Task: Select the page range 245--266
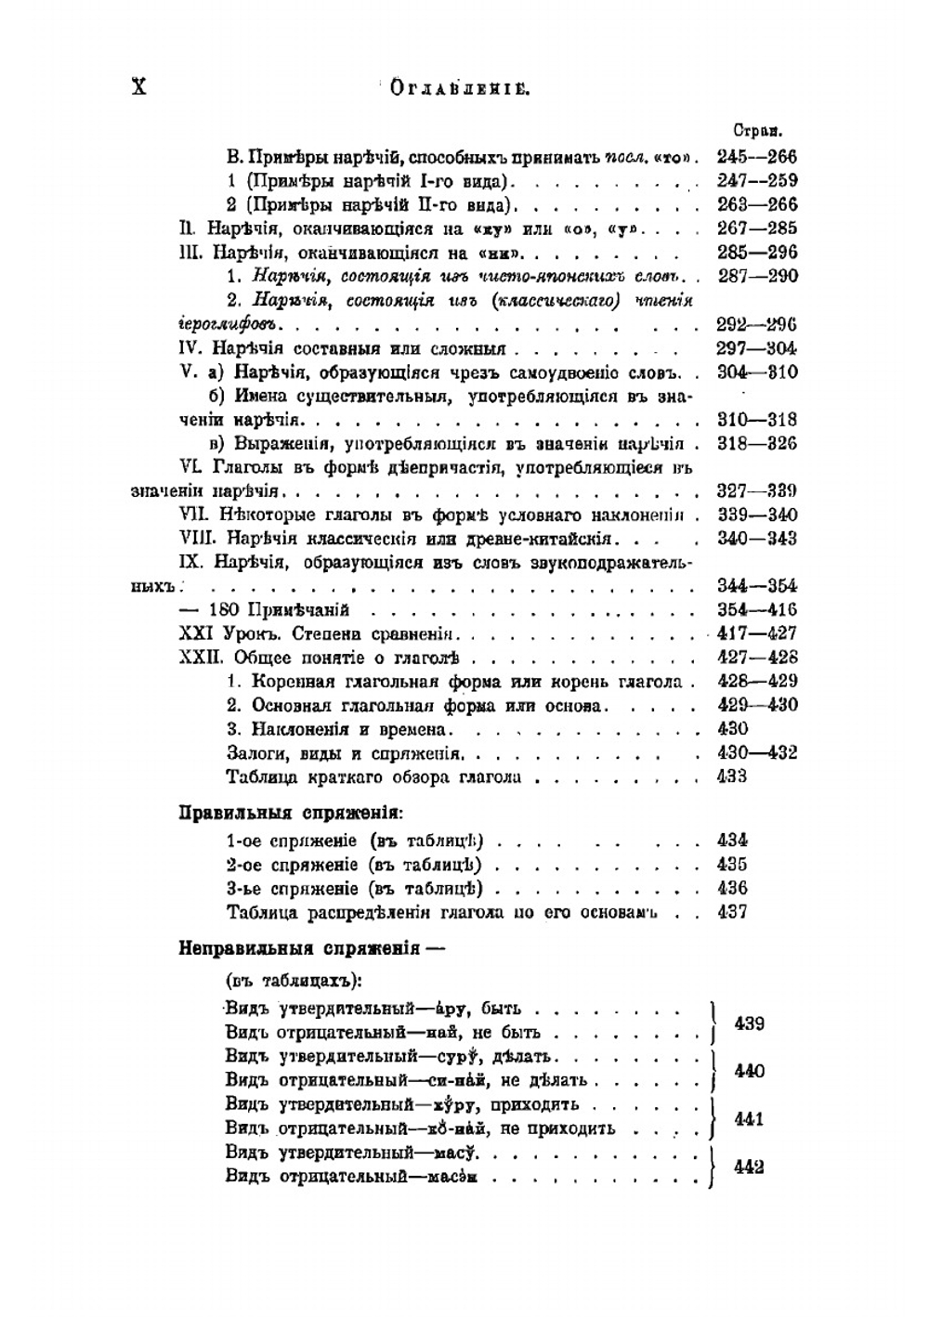pos(757,157)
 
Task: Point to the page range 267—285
pos(757,228)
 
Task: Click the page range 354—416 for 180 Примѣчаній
pos(757,610)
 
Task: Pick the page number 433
pos(732,776)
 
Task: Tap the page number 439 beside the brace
pos(749,1024)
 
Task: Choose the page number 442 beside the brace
pos(749,1167)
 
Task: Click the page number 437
pos(732,912)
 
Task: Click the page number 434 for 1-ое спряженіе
pos(732,841)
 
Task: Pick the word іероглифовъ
pos(232,325)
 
